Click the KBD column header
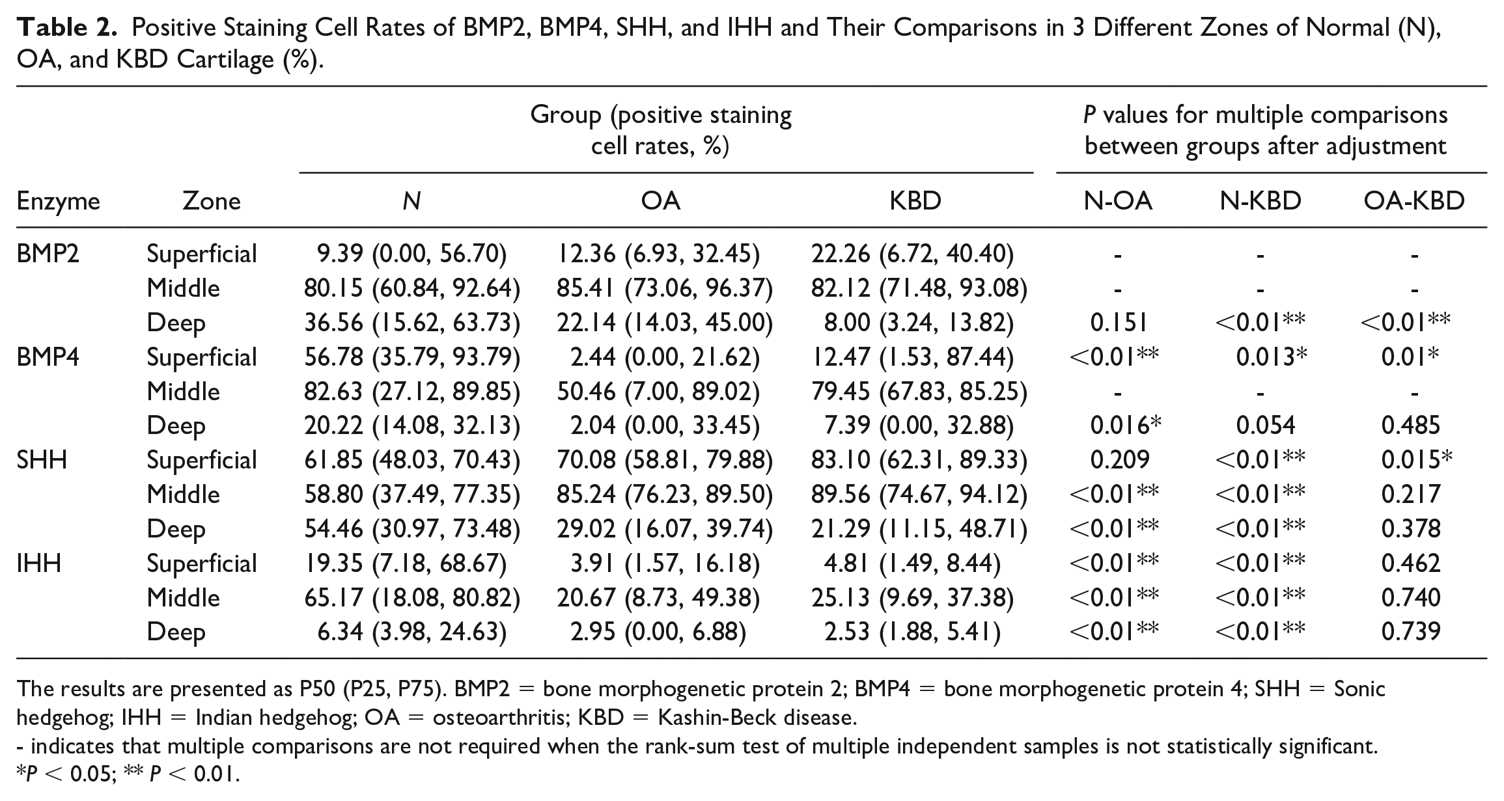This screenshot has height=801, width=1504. tap(915, 201)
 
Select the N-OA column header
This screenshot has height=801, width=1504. tap(1118, 201)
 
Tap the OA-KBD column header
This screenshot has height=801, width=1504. tap(1414, 201)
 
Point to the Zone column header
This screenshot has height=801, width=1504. tap(212, 201)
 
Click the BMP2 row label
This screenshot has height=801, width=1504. tap(48, 253)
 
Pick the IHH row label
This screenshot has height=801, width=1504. tap(39, 563)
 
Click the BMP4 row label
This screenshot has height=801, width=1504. tap(48, 357)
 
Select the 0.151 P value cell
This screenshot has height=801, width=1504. tap(1118, 322)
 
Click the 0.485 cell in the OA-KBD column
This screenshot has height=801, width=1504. tap(1411, 426)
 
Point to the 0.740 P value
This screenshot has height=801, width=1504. tap(1411, 597)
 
